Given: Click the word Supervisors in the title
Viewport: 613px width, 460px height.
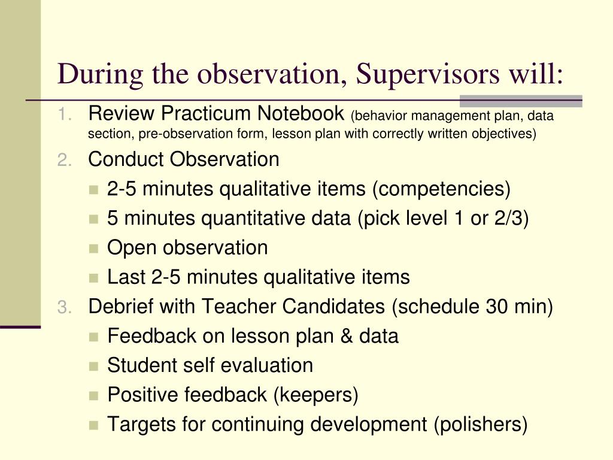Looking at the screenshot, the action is coord(427,74).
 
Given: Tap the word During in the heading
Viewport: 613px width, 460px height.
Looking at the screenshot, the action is coord(100,74).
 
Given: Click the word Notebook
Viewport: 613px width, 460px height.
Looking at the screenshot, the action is coord(301,113).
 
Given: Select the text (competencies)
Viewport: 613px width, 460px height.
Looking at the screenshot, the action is coord(441,189).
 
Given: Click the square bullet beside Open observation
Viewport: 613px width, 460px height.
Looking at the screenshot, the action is coord(93,249).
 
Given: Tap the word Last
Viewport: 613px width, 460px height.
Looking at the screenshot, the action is coord(126,277).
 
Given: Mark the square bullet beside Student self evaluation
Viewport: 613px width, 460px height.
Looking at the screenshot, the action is coord(93,366).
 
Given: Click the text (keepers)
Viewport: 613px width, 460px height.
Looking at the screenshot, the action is coord(316,395).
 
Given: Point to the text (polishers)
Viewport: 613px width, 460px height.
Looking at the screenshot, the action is coord(481,425).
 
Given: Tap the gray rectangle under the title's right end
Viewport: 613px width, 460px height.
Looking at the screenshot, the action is coord(521,101).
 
